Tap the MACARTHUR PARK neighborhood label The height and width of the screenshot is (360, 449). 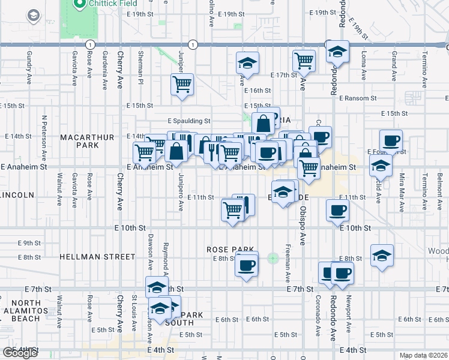[x=87, y=142]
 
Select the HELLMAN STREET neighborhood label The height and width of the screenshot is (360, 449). [x=97, y=257]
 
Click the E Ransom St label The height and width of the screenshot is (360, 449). [x=357, y=98]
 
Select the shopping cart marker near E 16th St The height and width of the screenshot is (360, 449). [x=182, y=83]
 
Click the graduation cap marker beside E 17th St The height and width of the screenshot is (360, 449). [x=246, y=62]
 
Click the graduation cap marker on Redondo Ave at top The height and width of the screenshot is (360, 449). [x=338, y=52]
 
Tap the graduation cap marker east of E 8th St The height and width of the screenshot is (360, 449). [x=382, y=256]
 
